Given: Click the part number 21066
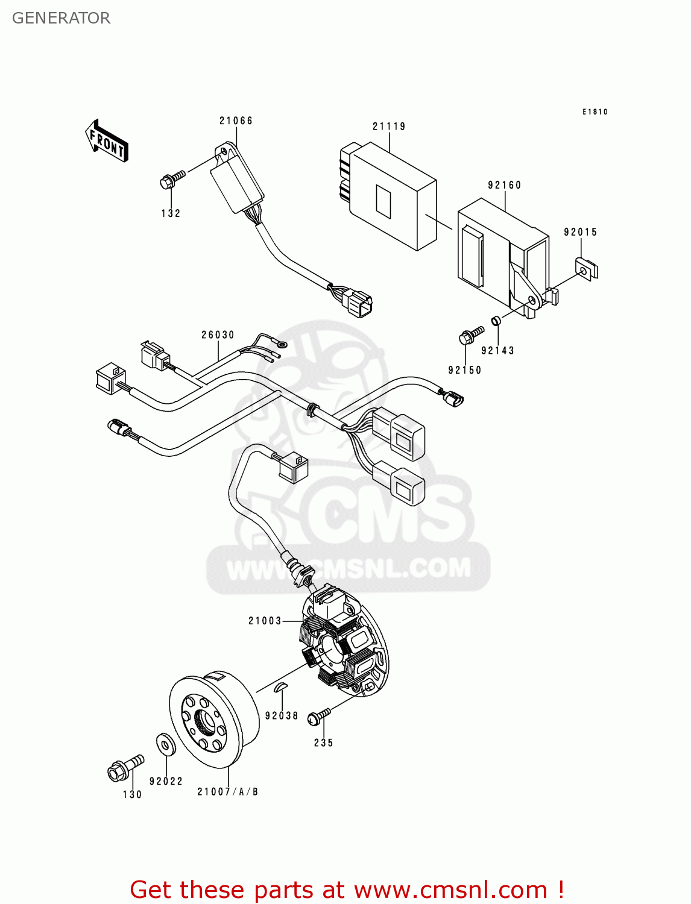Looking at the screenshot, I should click(236, 121).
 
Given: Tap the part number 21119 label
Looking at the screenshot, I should click(389, 127).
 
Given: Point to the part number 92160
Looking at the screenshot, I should click(505, 185).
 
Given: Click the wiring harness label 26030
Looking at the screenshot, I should click(218, 335).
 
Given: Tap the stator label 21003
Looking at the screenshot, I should click(265, 621).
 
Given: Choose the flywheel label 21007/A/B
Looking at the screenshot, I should click(228, 792).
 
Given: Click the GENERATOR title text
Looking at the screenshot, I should click(61, 18).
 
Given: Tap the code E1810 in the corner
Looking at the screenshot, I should click(595, 111).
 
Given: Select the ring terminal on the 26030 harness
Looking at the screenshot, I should click(282, 345).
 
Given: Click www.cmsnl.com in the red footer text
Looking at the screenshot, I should click(450, 890).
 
